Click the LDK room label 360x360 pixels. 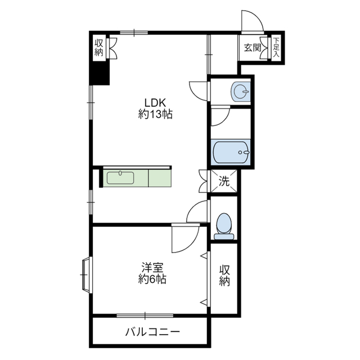tap(155, 102)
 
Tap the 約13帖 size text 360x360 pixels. tap(155, 114)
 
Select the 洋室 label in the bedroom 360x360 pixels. tap(152, 268)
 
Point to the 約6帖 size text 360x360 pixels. tap(152, 279)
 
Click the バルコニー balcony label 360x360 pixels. tap(152, 332)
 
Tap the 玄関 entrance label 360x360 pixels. tap(253, 47)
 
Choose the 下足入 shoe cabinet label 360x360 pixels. tap(276, 47)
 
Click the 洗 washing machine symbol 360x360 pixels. tap(224, 181)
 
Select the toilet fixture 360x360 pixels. tap(224, 227)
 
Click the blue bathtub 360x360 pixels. tap(231, 152)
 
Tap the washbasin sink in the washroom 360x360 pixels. tap(240, 92)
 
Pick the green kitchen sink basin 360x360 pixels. tap(120, 178)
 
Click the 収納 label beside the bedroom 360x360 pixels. tap(224, 276)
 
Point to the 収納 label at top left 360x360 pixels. tap(99, 47)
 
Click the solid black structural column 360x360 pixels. tap(100, 73)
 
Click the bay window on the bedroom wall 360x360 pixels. tap(87, 274)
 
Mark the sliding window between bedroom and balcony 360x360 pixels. tap(145, 316)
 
